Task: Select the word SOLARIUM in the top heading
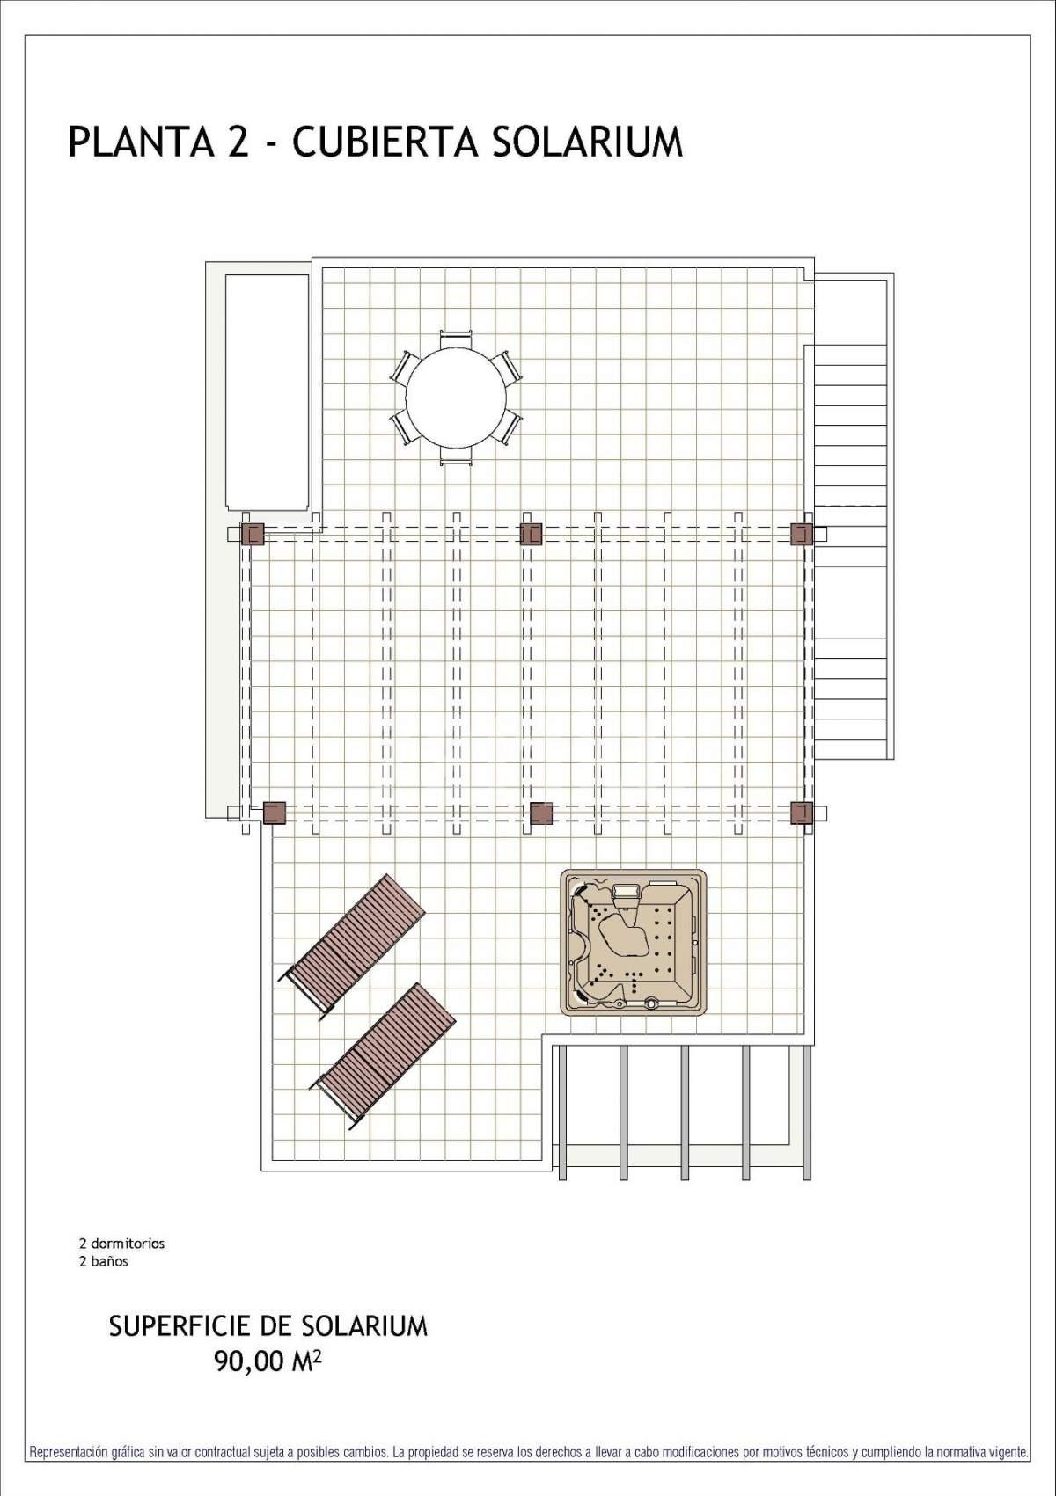[x=588, y=142]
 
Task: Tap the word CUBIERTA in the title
[x=385, y=142]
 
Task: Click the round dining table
[x=456, y=398]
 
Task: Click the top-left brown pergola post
[x=253, y=534]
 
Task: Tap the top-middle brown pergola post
[x=531, y=534]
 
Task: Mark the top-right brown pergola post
[x=802, y=534]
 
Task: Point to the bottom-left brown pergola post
[x=274, y=813]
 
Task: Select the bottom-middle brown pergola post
[x=541, y=813]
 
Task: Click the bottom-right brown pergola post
[x=802, y=813]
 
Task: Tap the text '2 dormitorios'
[x=122, y=1244]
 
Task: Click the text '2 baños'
[x=104, y=1261]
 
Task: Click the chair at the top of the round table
[x=456, y=339]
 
